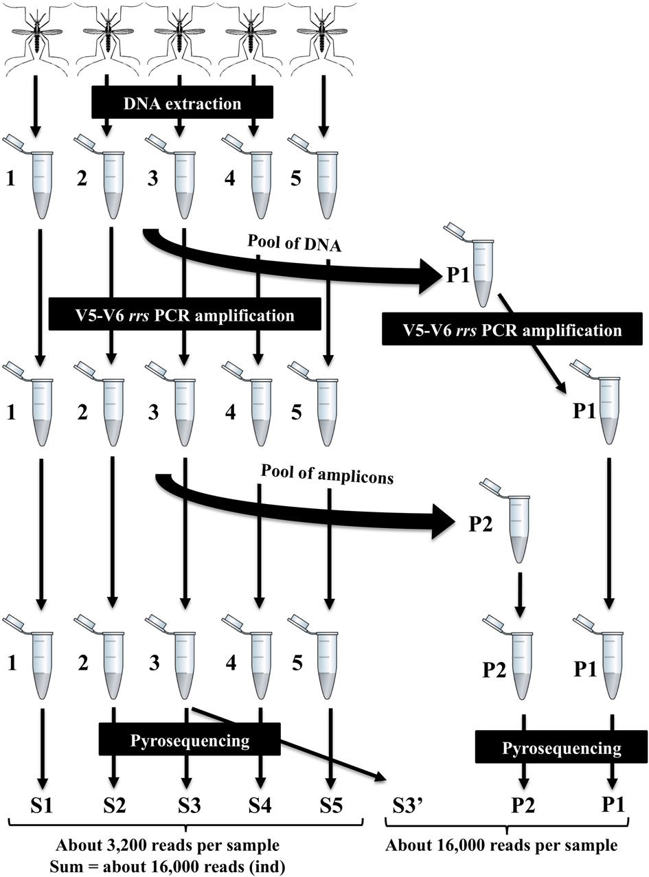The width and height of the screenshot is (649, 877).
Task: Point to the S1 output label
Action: click(42, 804)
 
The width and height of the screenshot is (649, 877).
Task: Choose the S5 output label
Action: click(332, 804)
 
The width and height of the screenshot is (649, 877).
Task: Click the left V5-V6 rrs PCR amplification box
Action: click(185, 315)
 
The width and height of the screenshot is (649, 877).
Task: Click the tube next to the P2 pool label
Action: click(517, 516)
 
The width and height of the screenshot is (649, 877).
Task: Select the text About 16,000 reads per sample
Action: click(501, 844)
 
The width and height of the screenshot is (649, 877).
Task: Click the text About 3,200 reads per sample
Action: click(185, 844)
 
